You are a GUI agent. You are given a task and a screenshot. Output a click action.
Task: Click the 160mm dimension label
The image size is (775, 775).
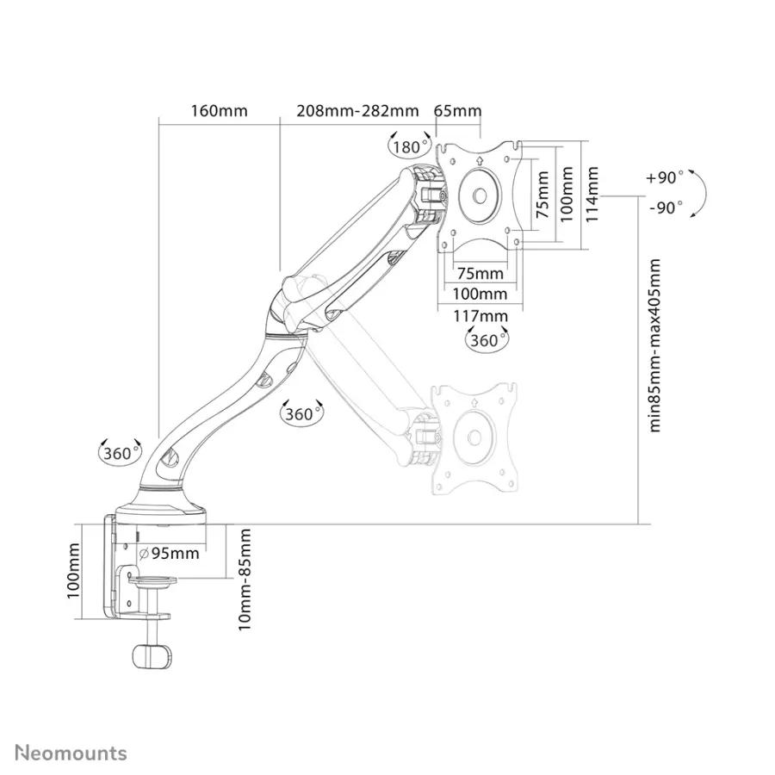pos(220,110)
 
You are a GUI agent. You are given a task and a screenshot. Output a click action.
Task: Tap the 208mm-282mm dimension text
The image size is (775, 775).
pos(357,110)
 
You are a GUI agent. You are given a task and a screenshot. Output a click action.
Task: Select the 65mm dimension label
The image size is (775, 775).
pos(458,110)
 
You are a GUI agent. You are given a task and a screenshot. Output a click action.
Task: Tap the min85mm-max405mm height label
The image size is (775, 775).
pos(654,345)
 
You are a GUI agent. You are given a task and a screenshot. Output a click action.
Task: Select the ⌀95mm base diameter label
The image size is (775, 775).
pos(169,553)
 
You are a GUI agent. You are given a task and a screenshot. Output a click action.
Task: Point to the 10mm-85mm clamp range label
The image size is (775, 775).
pos(245,580)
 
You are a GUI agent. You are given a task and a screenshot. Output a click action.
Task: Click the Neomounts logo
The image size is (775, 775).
pos(71,753)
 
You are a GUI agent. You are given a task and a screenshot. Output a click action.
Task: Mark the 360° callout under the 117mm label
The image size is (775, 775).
pos(487,339)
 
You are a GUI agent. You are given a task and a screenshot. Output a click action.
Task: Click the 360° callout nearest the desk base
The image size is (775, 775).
pos(120,452)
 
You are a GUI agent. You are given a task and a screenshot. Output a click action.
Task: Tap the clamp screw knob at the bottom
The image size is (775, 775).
pos(153,656)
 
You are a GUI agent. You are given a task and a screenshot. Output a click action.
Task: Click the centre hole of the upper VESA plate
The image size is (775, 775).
pos(479,195)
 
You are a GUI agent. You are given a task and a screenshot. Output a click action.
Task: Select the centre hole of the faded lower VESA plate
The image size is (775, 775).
pos(474,437)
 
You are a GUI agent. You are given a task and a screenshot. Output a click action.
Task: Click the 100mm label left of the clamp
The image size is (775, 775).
pos(73,571)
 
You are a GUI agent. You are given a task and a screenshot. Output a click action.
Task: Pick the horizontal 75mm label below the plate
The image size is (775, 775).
pos(480,273)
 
